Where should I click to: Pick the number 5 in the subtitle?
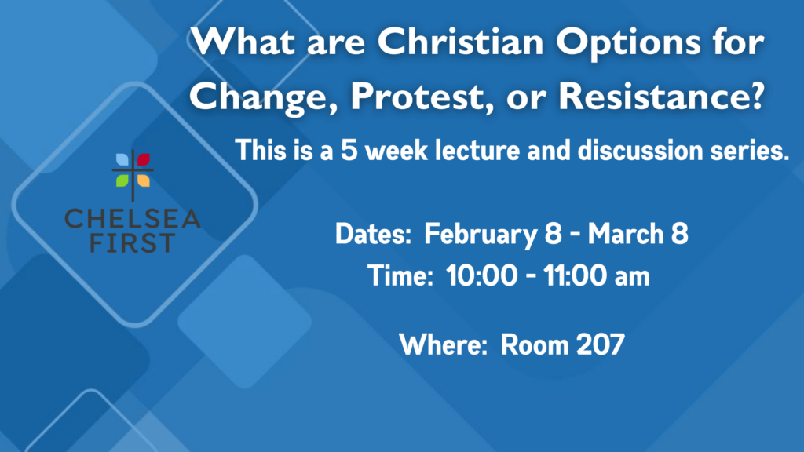[x=349, y=151]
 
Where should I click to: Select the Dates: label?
[x=373, y=234]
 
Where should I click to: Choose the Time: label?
[x=400, y=275]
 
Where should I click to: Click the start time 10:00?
[x=482, y=275]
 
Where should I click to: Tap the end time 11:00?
[x=576, y=275]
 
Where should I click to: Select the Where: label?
[x=443, y=344]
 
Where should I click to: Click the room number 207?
[x=601, y=344]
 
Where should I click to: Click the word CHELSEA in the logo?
[x=133, y=219]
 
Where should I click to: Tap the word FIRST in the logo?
[x=133, y=243]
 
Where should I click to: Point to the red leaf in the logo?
[x=144, y=159]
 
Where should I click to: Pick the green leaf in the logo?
[x=122, y=180]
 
